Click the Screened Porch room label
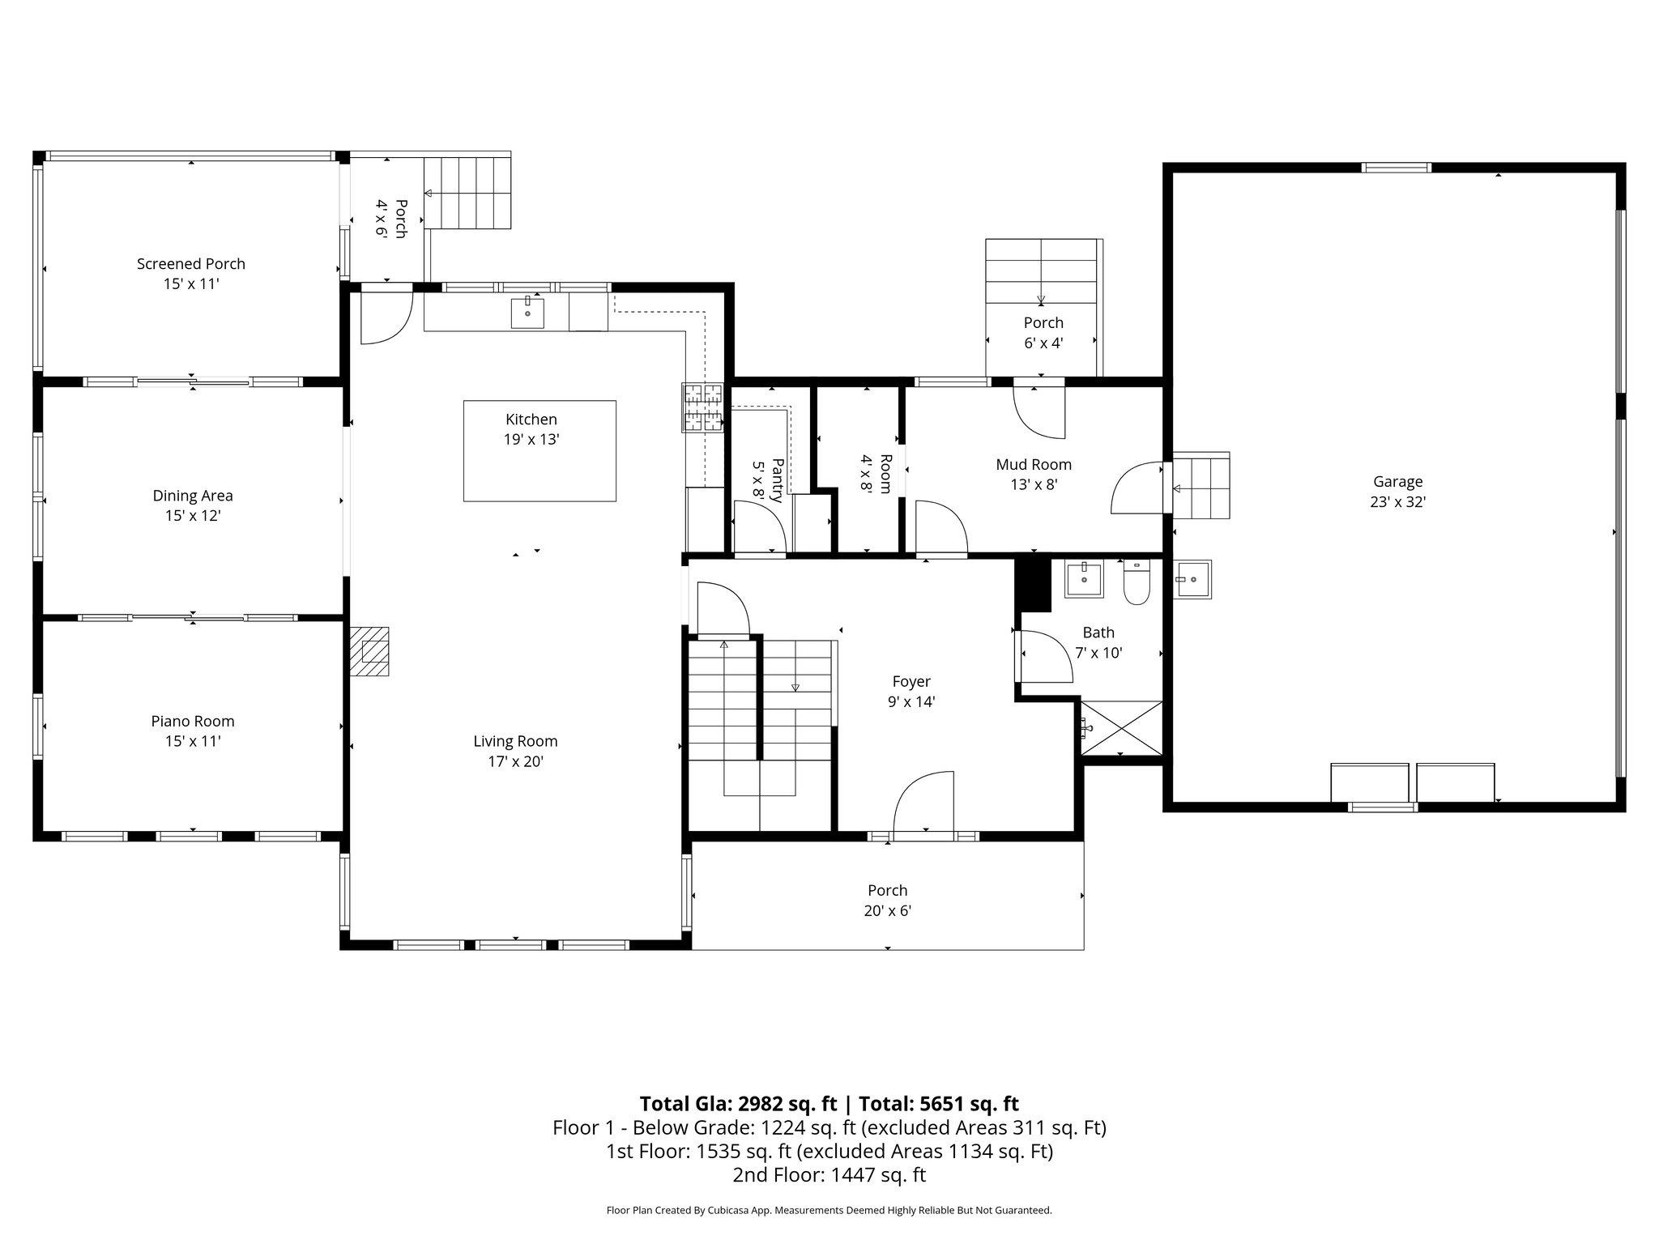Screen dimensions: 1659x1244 (191, 264)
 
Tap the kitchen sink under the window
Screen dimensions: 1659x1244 (527, 313)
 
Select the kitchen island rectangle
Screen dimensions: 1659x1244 (539, 451)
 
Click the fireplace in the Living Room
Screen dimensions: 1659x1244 (369, 651)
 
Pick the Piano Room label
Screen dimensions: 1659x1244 (193, 722)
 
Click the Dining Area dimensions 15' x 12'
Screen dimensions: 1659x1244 (193, 516)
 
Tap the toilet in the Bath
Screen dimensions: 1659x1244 (1137, 583)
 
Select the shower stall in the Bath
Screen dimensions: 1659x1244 (1122, 728)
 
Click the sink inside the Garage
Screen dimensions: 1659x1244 (1193, 579)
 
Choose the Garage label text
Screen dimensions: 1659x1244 (1397, 482)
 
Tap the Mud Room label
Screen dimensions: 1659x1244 (1034, 465)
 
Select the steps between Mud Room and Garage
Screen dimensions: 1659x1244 (1201, 486)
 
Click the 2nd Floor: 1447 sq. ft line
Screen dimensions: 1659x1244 (829, 1175)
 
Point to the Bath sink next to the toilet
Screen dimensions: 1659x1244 (1084, 580)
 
